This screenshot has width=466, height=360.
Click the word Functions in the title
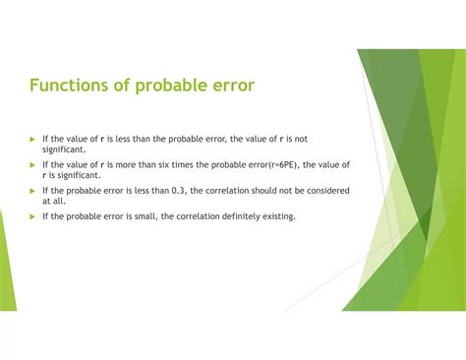69,86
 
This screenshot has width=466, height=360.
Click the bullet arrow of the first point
31,140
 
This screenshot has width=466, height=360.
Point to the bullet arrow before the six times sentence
31,165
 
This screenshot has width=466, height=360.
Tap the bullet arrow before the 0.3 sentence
31,191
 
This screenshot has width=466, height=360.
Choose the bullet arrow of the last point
31,216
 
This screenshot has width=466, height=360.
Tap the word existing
275,216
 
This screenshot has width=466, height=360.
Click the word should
260,191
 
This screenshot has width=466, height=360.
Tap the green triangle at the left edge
7,256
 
